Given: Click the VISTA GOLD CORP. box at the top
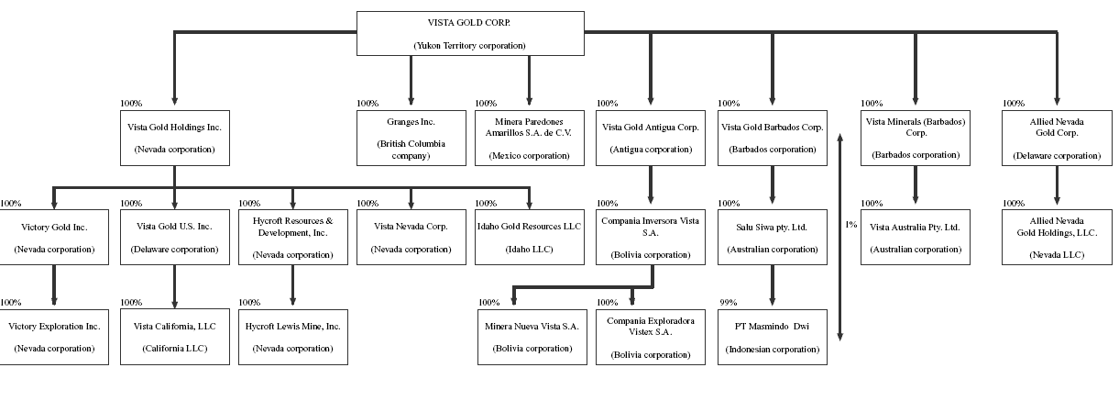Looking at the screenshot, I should point(469,33).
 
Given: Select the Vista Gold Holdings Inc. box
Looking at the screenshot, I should point(174,138).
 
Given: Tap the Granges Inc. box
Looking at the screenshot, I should point(411,138).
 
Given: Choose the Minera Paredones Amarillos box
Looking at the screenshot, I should point(529,138).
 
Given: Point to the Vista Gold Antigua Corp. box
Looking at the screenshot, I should point(651,138).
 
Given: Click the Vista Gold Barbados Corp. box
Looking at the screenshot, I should point(772,138).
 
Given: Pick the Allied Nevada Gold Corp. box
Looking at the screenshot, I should point(1056,138).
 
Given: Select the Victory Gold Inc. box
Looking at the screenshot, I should point(54,238).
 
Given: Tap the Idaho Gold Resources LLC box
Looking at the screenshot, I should point(529,238).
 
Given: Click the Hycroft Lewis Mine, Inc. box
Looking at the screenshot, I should point(292,337).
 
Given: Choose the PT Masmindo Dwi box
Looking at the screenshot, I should point(772,337).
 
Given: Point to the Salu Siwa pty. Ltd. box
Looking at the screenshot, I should point(772,238).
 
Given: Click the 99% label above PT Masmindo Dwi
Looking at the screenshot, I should point(729,303).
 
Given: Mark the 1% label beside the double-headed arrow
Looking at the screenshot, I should point(851,224).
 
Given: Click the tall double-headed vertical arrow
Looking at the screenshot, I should point(839,237).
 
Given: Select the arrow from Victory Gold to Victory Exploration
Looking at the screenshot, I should point(54,284).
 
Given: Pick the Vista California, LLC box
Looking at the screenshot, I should point(174,337).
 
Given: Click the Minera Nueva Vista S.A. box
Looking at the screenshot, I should point(532,337).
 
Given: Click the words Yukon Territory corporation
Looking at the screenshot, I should point(469,45).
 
